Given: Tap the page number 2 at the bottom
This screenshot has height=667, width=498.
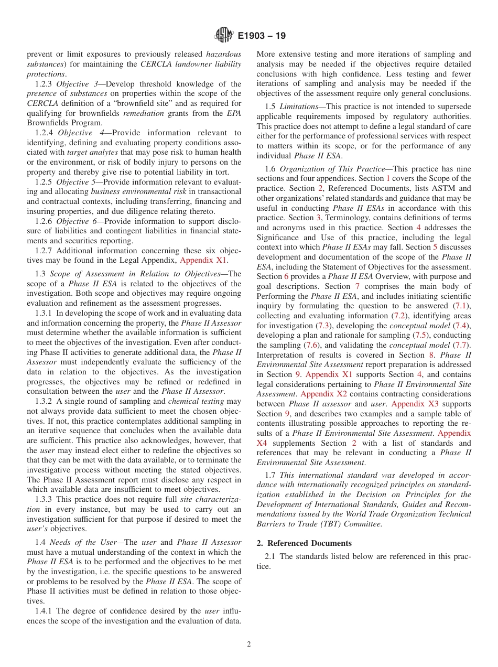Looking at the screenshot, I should (249, 644).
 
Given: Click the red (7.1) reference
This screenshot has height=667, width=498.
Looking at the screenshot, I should (462, 306).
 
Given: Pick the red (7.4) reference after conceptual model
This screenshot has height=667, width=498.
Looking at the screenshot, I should (462, 326).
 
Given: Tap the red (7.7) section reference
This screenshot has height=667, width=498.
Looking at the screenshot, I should (462, 345).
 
